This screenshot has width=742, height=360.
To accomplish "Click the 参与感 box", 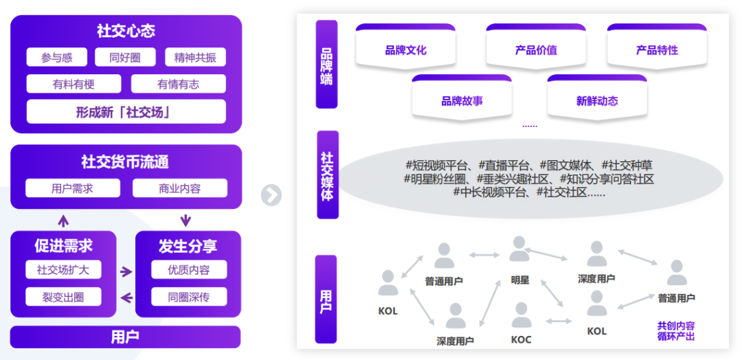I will tap(56, 58).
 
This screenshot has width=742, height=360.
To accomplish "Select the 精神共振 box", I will tap(195, 58).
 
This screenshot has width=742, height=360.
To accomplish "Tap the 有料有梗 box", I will tap(74, 85).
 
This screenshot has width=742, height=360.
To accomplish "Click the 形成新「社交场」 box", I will tap(126, 111).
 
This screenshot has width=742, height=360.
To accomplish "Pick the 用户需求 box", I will tap(72, 188).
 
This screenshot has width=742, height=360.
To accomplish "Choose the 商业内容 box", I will tap(179, 188).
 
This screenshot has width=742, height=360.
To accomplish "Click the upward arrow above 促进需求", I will tap(63, 221).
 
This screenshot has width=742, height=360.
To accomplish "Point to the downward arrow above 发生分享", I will tap(185, 221).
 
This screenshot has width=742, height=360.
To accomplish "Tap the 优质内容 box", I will tap(188, 270).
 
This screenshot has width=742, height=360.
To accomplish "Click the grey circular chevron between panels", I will tap(271, 195).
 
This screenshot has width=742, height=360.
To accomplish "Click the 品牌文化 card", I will tap(405, 50).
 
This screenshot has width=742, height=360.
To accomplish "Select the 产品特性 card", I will tap(657, 50).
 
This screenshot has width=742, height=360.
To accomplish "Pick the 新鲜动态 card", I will tap(597, 101).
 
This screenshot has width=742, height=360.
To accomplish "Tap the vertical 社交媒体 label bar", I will tap(327, 175).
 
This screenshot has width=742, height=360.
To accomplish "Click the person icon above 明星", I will tap(519, 249).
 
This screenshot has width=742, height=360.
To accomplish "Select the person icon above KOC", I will tap(521, 315).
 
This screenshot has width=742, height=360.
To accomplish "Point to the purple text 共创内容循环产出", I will tap(675, 330).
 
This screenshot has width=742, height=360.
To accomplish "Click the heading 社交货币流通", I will tap(126, 162).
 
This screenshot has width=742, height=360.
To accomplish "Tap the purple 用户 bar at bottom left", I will tap(125, 337).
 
